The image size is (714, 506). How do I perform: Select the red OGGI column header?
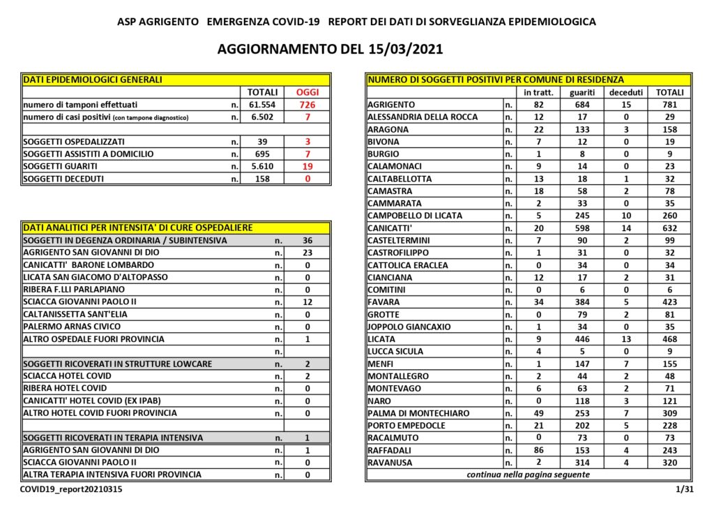pyautogui.click(x=307, y=92)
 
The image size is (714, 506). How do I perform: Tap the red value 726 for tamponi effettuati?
pyautogui.click(x=307, y=105)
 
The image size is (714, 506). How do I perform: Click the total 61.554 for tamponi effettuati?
pyautogui.click(x=263, y=105)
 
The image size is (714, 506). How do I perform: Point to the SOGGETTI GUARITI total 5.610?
pyautogui.click(x=263, y=166)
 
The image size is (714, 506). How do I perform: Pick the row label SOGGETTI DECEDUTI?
pyautogui.click(x=64, y=179)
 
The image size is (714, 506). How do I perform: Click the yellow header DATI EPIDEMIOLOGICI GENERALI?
pyautogui.click(x=93, y=80)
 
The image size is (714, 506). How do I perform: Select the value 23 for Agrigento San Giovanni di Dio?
pyautogui.click(x=307, y=253)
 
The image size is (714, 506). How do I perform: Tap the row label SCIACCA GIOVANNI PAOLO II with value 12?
pyautogui.click(x=80, y=302)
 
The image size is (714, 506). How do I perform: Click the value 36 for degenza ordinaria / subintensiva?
pyautogui.click(x=307, y=240)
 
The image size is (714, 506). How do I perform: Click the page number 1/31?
pyautogui.click(x=684, y=491)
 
